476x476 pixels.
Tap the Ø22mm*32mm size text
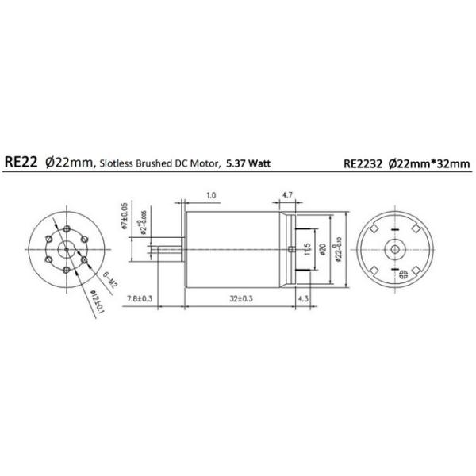tap(432, 164)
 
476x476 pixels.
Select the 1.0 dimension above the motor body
tap(211, 194)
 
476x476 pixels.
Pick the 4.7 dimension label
tap(288, 194)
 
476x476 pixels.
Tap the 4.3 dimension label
tap(302, 298)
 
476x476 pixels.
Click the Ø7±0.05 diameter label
tap(125, 216)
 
